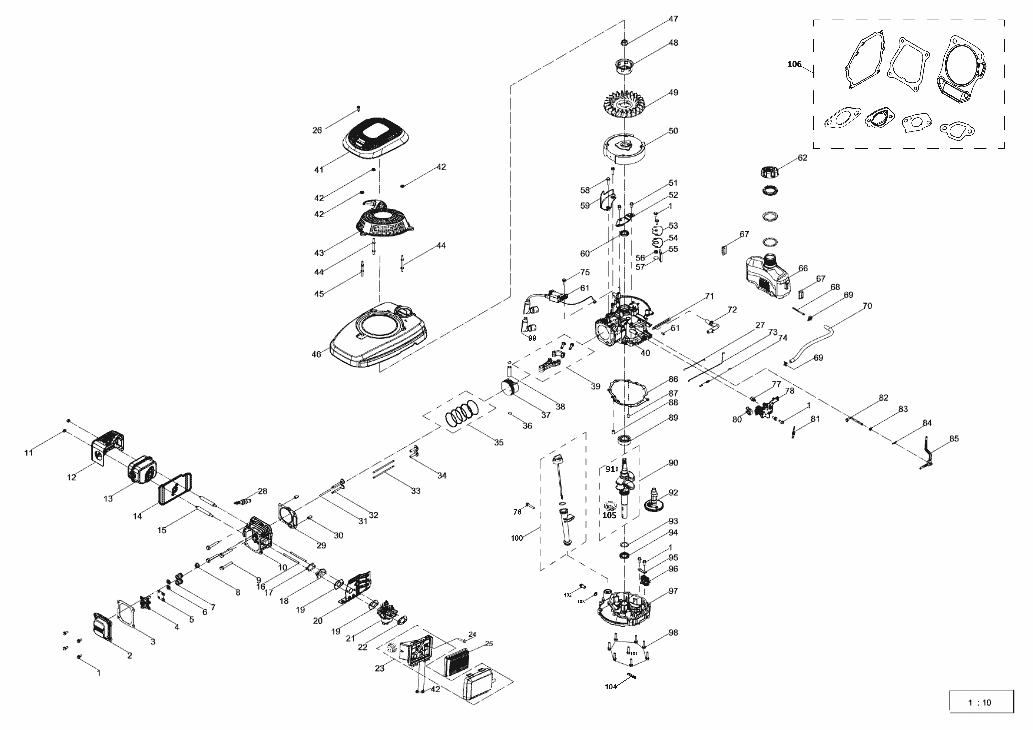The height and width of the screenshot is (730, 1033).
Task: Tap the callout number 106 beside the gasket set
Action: coord(794,64)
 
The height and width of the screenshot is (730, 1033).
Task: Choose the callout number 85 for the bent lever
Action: coord(954,439)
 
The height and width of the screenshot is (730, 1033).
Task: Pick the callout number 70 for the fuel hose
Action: coord(867,306)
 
